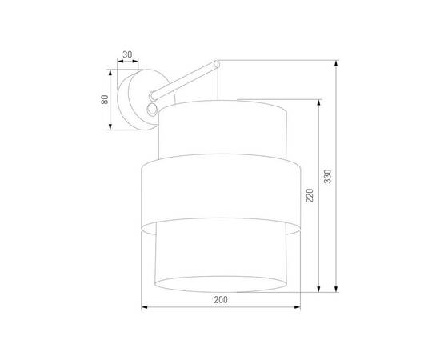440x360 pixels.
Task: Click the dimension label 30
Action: click(126, 55)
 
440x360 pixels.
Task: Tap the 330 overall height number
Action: click(327, 176)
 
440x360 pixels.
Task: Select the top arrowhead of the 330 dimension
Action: click(335, 62)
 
